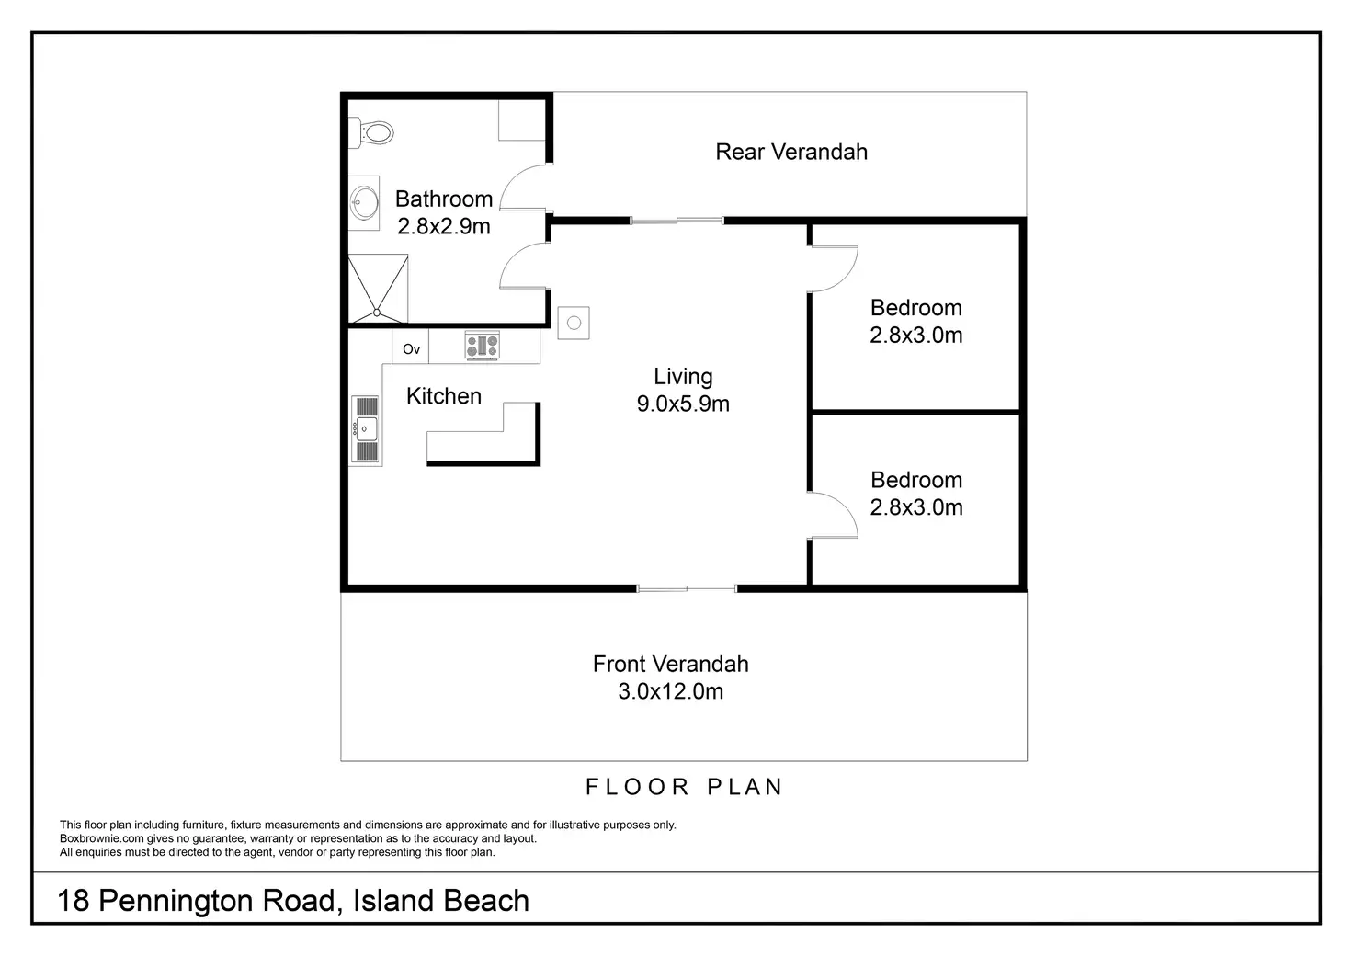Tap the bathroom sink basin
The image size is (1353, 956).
[365, 202]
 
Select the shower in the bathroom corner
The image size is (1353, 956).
[378, 289]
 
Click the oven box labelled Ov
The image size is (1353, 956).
[411, 349]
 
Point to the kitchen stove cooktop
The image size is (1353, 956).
[482, 347]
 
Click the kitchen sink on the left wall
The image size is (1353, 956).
[366, 429]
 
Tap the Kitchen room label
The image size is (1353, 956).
[444, 396]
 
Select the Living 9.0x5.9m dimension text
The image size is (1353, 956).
[683, 404]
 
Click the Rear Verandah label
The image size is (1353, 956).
[791, 152]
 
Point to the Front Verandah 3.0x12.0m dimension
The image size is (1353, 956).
[670, 691]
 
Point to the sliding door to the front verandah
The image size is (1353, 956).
[687, 587]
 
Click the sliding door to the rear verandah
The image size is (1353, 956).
[676, 221]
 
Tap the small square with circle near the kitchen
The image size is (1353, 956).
[574, 323]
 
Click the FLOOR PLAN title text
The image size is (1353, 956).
[684, 787]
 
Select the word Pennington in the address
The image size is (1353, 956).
[216, 901]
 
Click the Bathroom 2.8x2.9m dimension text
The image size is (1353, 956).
[444, 226]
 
